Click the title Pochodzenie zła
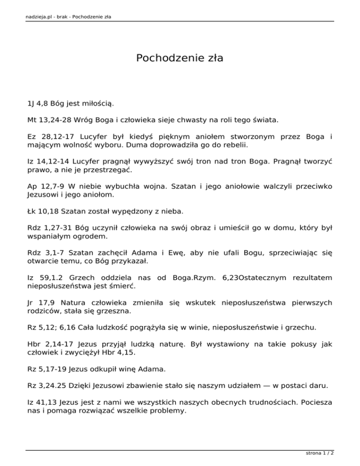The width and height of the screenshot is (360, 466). point(180,58)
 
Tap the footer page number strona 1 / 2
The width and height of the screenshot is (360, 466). point(322,453)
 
